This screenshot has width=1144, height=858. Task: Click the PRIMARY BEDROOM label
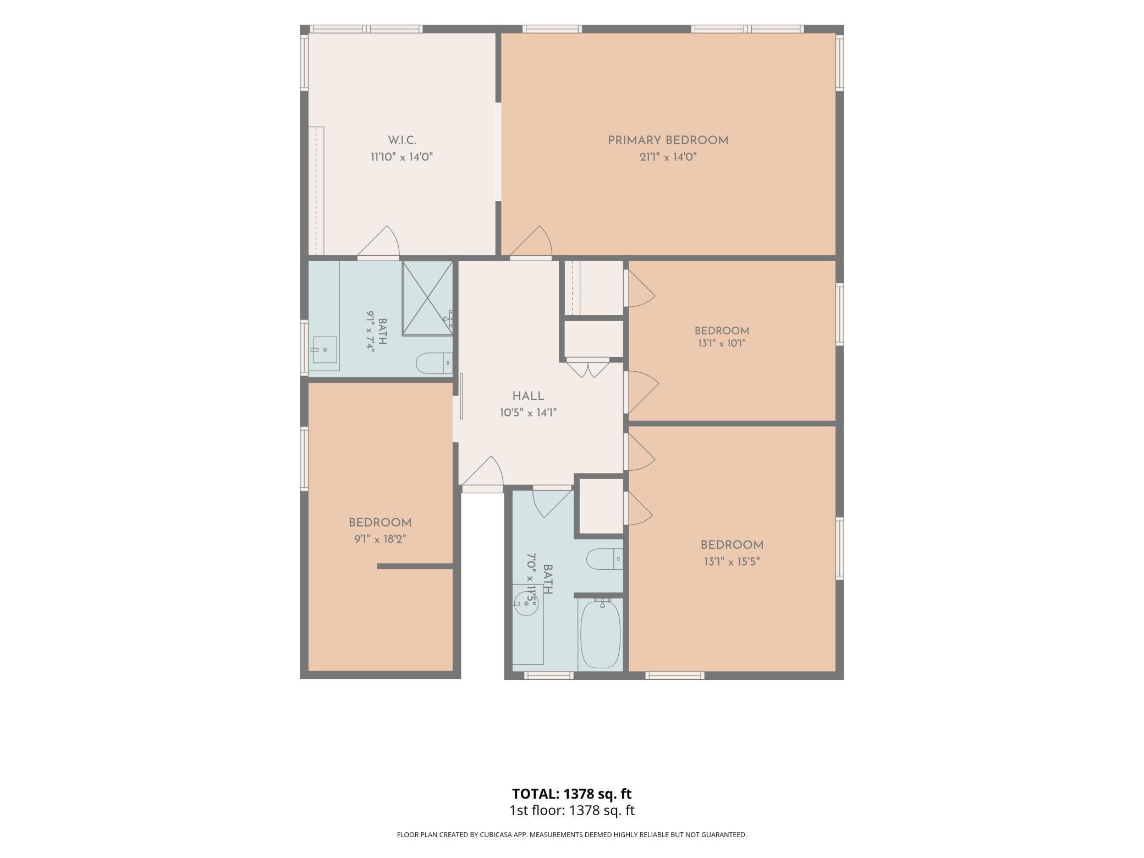pos(668,140)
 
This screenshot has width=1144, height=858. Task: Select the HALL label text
pos(528,396)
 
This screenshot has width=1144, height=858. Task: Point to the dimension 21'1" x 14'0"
pos(668,157)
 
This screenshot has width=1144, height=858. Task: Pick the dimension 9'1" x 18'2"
pos(380,540)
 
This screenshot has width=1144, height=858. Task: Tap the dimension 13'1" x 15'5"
pos(731,562)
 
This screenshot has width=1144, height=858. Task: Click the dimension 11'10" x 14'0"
pos(402,157)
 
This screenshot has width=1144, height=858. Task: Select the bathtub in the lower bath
pos(601,634)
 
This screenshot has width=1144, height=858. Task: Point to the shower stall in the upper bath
pos(427,298)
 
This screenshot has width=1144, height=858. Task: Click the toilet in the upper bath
pos(434,363)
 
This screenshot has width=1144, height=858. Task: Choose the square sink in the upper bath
pos(325,350)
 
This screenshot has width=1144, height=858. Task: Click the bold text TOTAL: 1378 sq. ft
pos(571,794)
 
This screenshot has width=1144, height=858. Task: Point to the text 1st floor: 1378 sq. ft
pos(571,810)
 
